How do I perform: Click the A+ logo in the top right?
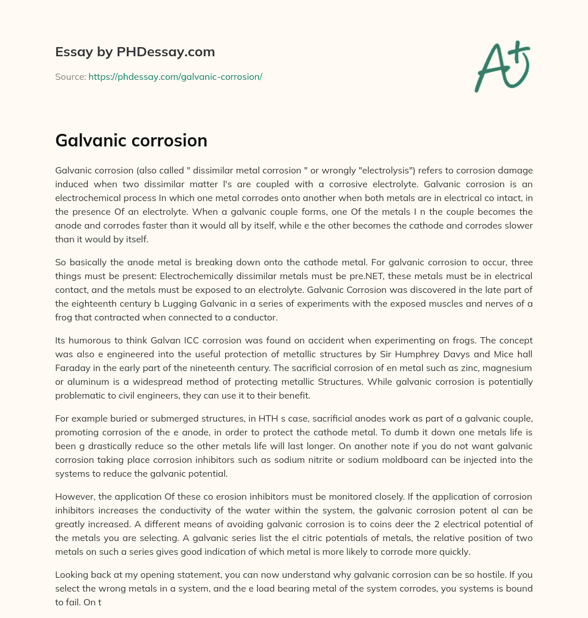click(x=501, y=67)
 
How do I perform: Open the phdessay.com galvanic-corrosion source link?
click(x=175, y=76)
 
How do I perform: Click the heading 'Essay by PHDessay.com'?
click(x=135, y=52)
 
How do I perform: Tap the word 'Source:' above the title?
click(x=70, y=76)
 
